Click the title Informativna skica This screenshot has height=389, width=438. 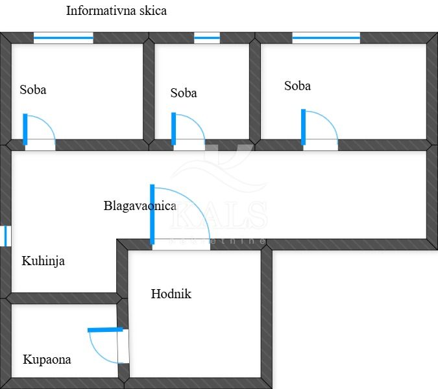(x=116, y=11)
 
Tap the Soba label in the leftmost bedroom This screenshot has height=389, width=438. (x=32, y=90)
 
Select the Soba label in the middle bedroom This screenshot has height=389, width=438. (x=184, y=93)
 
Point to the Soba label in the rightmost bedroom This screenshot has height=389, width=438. (x=297, y=86)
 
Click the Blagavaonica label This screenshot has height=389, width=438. (x=140, y=206)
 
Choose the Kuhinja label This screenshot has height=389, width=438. (x=43, y=262)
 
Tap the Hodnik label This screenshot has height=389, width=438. (x=171, y=294)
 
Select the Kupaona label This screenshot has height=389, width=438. (x=47, y=360)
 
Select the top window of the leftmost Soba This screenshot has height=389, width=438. (x=64, y=38)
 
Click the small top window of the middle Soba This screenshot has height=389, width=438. (x=207, y=38)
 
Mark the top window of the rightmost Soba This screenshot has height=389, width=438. (x=326, y=38)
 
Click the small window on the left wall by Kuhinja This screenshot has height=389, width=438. (x=6, y=235)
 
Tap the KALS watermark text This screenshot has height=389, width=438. (x=218, y=216)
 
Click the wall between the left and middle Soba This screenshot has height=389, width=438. (x=149, y=91)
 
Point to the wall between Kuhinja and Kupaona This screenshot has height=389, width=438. (x=62, y=298)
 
